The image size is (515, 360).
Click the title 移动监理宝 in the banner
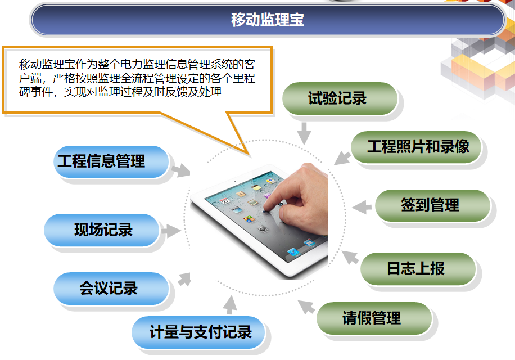pos(268,20)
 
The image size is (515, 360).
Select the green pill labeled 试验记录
pos(340,98)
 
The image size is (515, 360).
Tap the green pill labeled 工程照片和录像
pos(416,147)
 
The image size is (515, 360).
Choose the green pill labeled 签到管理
pos(432,205)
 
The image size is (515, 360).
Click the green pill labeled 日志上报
pos(418,269)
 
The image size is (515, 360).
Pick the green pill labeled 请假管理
pos(374,318)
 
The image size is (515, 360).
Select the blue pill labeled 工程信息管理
pos(111,162)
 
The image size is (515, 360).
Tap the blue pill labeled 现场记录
pos(102,230)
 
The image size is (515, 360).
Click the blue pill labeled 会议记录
pos(111,289)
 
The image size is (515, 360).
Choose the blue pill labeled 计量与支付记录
pos(198,332)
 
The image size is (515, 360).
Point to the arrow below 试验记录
pos(304,133)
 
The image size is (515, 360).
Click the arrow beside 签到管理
pos(362,207)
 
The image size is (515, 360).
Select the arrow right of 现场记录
pos(171,231)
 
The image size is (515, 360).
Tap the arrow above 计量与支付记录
pos(230,305)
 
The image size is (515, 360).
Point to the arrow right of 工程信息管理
pos(181,170)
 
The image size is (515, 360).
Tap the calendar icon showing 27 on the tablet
pos(225,200)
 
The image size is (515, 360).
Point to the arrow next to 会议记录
pos(185,280)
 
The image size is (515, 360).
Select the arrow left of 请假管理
pos(306,307)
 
